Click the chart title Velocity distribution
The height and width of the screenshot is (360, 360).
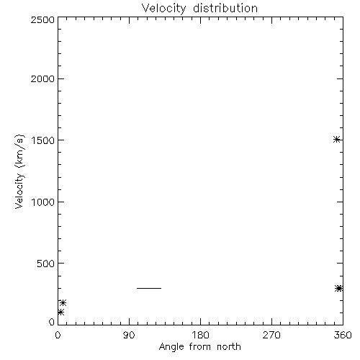199,8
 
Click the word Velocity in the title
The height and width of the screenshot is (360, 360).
164,9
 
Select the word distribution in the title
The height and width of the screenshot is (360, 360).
225,8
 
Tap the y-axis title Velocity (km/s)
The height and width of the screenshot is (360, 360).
19,171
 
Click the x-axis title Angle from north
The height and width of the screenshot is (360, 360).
200,347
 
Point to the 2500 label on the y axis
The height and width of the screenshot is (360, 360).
42,19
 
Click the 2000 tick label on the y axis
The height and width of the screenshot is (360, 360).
42,78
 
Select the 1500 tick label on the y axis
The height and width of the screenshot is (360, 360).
43,140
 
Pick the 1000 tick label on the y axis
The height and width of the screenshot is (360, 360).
43,202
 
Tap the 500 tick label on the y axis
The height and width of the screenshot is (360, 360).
46,264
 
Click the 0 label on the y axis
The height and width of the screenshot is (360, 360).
52,322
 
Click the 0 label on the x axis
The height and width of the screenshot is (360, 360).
58,335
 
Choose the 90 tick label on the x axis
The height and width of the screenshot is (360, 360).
129,335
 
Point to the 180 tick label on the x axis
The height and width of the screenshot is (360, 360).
200,335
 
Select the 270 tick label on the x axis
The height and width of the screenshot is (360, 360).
271,335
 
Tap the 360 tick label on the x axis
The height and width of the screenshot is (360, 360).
343,335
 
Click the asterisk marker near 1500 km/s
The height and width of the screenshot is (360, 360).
337,140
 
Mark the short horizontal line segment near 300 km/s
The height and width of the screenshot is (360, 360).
149,288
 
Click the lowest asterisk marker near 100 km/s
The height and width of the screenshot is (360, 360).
60,312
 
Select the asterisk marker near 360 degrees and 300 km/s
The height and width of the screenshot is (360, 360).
338,288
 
